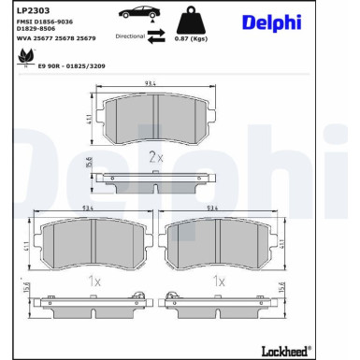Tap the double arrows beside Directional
click(157, 35)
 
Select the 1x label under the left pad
click(94, 280)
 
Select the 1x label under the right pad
click(219, 280)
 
